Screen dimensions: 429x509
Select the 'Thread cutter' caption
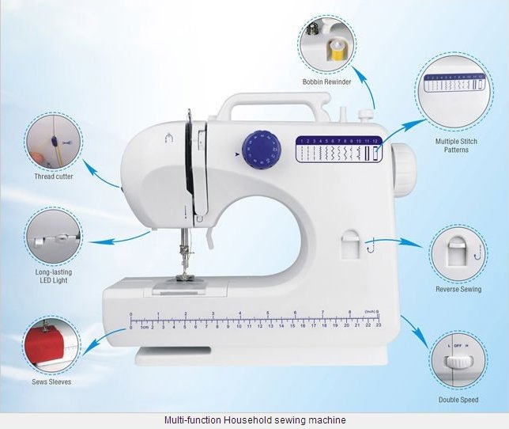[x=55, y=177]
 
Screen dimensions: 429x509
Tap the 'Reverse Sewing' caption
[x=458, y=289]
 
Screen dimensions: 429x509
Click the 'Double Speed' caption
[x=458, y=400]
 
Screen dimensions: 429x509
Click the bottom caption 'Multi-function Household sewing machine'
[x=254, y=420]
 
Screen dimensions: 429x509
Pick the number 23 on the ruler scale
[x=379, y=325]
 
